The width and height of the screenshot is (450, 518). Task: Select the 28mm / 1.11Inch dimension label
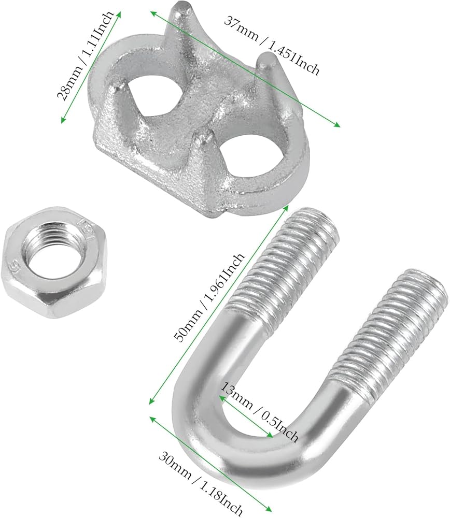tap(86, 55)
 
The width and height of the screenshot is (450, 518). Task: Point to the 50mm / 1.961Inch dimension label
tap(209, 297)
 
